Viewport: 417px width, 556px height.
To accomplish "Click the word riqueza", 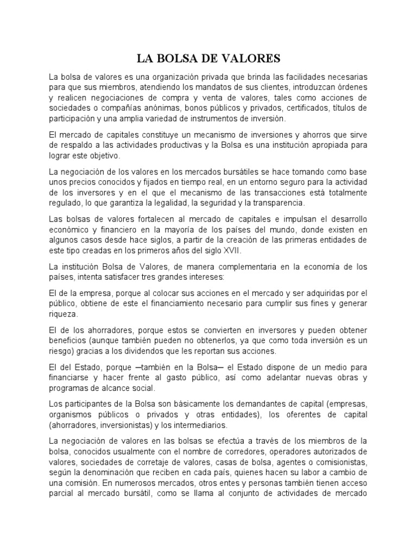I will point(63,314).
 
